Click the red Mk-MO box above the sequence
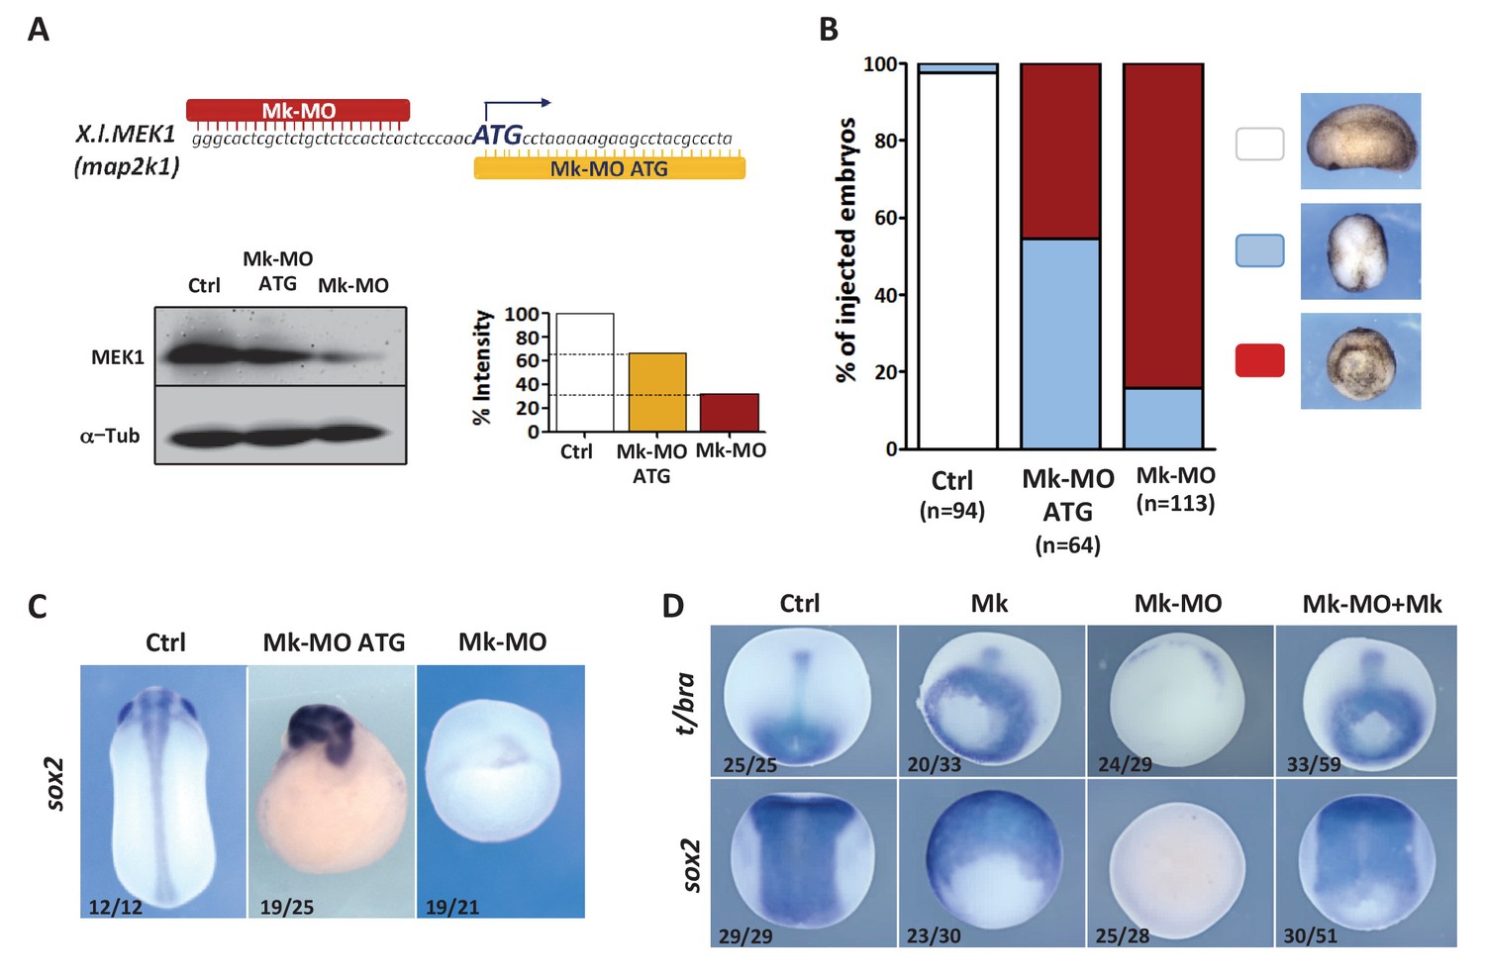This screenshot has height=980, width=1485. click(x=298, y=110)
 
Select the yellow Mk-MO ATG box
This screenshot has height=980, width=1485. click(x=609, y=168)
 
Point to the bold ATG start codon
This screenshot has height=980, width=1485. click(x=497, y=135)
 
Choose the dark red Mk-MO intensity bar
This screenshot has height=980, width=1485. click(x=730, y=413)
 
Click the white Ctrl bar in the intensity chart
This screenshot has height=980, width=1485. click(x=585, y=372)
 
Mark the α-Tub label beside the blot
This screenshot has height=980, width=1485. click(x=110, y=436)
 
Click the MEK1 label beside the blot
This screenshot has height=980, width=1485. click(x=118, y=357)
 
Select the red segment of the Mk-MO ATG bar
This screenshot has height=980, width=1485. click(x=1060, y=151)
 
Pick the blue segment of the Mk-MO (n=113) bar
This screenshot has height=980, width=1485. click(x=1163, y=419)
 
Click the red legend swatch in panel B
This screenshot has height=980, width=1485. click(x=1259, y=360)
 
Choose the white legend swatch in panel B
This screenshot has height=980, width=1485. click(x=1259, y=145)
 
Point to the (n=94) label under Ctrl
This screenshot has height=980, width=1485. click(x=952, y=511)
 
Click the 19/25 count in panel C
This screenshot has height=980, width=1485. click(x=287, y=907)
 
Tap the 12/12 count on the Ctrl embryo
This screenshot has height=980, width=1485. click(x=116, y=907)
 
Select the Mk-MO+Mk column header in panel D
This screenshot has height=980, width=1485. click(x=1371, y=604)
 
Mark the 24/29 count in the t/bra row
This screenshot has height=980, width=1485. click(x=1125, y=764)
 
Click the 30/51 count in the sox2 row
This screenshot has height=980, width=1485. click(x=1310, y=935)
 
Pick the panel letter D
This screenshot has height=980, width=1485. click(x=673, y=606)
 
